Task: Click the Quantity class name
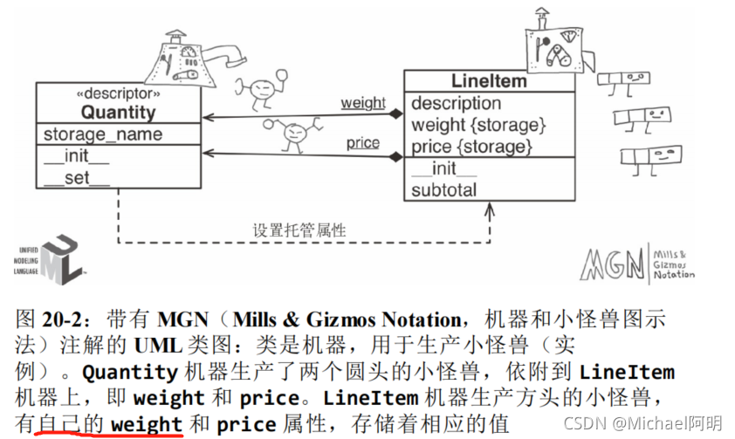[119, 112]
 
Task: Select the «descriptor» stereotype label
[119, 93]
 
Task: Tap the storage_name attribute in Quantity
[103, 134]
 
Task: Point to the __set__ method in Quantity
[77, 178]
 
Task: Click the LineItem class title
[489, 82]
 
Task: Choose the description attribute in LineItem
[457, 103]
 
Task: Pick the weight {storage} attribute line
[478, 125]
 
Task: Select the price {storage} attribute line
[471, 146]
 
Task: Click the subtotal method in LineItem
[444, 189]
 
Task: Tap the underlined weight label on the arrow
[363, 103]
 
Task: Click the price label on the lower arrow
[362, 142]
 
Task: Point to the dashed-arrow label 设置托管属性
[299, 230]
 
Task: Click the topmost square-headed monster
[618, 81]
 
